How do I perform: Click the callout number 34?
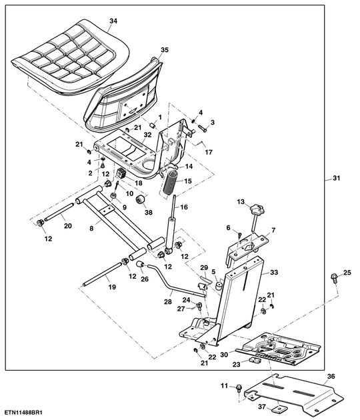113,21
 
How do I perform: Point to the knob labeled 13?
257,211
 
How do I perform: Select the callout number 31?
336,177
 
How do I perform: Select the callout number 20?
67,225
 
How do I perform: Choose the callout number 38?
149,212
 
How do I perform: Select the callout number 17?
208,152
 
